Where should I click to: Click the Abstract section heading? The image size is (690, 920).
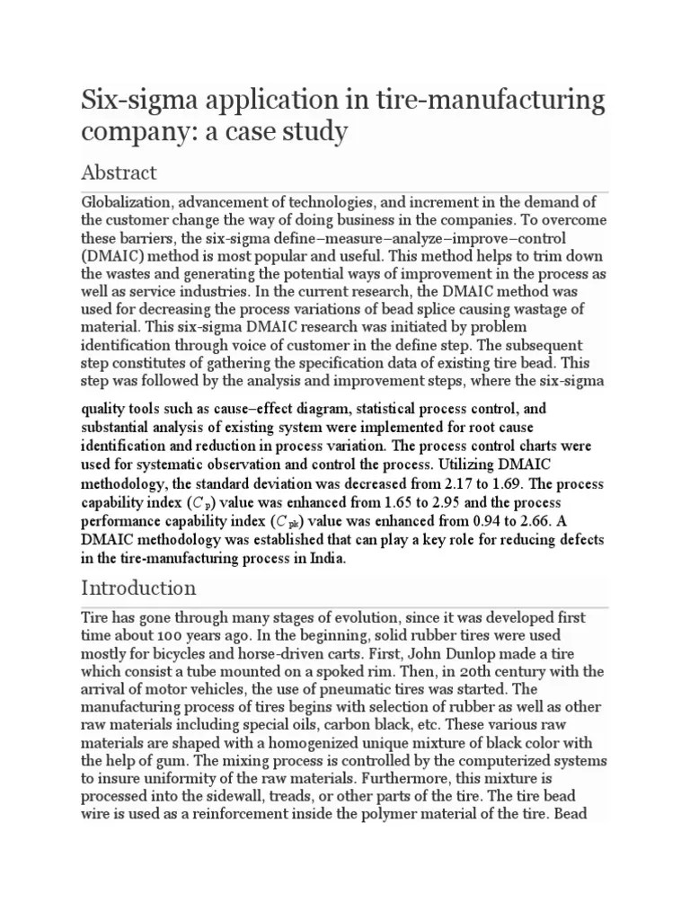coord(119,172)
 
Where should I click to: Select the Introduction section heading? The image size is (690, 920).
coord(138,588)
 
